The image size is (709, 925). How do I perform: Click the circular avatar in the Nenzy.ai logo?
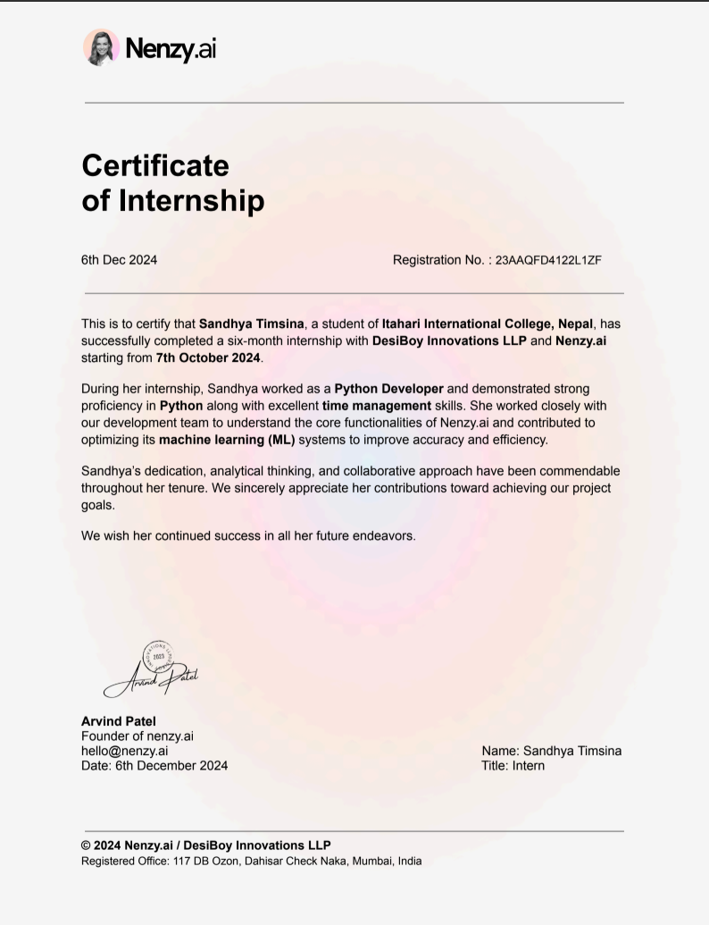click(101, 47)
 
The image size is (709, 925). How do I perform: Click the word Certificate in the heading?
click(155, 165)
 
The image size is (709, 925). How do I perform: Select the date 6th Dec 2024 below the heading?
click(119, 260)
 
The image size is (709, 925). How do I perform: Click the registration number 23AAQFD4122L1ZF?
click(548, 260)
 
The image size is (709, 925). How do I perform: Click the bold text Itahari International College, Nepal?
click(488, 324)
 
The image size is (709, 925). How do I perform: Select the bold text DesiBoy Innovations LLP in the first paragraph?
click(449, 341)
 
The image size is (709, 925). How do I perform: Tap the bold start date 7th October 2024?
click(208, 357)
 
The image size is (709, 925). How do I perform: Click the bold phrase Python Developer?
click(388, 389)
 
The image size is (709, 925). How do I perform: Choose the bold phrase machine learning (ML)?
click(227, 440)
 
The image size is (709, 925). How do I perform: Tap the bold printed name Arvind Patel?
click(119, 721)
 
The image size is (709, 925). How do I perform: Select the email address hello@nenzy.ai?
click(125, 751)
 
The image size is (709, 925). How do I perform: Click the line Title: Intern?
click(513, 765)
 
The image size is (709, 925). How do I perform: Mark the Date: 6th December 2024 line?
click(154, 765)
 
